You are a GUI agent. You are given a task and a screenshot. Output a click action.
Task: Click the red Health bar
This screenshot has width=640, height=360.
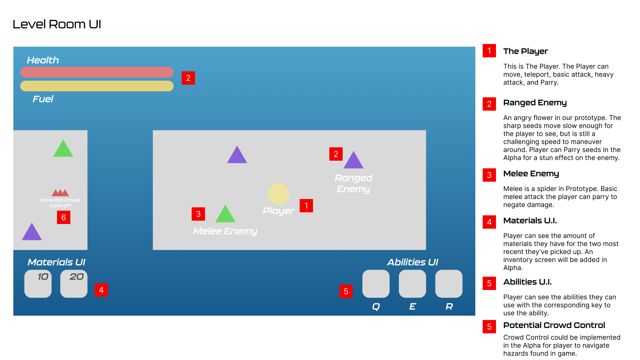(97, 72)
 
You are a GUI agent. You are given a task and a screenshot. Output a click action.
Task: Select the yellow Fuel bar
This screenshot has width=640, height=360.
(97, 86)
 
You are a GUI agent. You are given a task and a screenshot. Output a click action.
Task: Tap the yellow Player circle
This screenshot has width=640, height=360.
(278, 194)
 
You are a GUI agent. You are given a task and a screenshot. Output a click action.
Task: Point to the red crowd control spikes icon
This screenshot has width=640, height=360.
(60, 193)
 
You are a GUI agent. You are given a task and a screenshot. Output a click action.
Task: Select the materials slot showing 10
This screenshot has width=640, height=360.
(38, 284)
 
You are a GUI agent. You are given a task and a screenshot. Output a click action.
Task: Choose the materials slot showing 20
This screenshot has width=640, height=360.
(74, 284)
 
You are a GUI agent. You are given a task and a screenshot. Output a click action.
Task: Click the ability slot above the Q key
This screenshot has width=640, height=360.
(376, 284)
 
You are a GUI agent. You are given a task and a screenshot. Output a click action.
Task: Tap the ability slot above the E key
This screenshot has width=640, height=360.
(412, 284)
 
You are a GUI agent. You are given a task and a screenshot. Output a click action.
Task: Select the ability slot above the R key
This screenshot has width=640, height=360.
(449, 284)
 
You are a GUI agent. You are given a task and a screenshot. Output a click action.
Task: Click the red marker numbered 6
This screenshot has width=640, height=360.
(64, 217)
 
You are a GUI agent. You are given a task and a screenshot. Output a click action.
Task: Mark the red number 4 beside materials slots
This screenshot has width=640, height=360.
(101, 290)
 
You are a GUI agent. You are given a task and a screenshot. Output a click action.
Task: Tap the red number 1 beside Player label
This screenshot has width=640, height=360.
(306, 206)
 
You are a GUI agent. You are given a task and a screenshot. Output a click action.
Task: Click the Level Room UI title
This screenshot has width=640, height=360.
(57, 24)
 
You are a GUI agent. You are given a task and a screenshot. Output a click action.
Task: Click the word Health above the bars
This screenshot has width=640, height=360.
(43, 60)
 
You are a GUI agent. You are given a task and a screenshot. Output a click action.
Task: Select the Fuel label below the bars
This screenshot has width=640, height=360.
(43, 99)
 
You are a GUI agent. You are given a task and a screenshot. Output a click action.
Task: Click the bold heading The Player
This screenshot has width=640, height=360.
(525, 51)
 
